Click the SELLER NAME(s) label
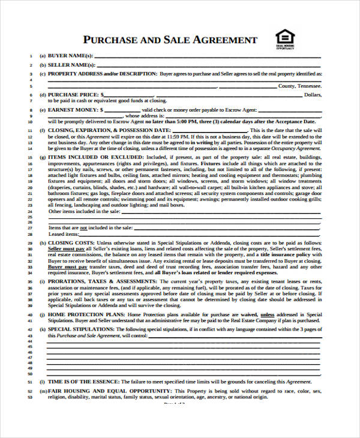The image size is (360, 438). pos(70,65)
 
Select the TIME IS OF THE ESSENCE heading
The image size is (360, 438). pos(83,382)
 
